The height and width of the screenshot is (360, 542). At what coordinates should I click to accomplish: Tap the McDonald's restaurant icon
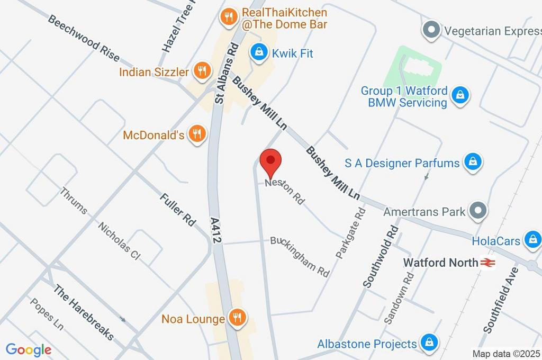pyautogui.click(x=197, y=134)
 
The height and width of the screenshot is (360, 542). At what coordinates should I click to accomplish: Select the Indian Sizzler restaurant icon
pyautogui.click(x=201, y=71)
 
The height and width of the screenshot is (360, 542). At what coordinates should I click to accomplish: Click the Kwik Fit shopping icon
pyautogui.click(x=258, y=52)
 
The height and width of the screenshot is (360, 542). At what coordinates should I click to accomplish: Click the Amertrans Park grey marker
pyautogui.click(x=478, y=211)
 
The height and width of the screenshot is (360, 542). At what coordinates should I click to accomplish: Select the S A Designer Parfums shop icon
pyautogui.click(x=472, y=162)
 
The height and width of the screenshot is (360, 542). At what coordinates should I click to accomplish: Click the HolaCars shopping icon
pyautogui.click(x=531, y=240)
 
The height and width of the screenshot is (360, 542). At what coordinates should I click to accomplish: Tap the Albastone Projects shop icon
pyautogui.click(x=429, y=343)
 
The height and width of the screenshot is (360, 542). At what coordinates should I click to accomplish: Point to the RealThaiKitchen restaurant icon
pyautogui.click(x=228, y=17)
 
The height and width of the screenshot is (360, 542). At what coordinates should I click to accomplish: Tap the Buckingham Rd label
pyautogui.click(x=300, y=256)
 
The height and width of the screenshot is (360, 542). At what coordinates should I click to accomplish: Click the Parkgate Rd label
pyautogui.click(x=350, y=232)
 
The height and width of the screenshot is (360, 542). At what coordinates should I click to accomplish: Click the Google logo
pyautogui.click(x=29, y=349)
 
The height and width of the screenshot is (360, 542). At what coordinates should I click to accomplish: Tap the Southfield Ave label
pyautogui.click(x=500, y=299)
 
